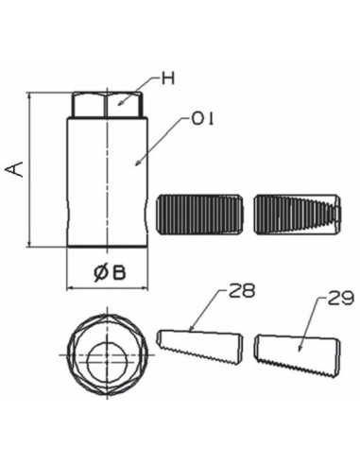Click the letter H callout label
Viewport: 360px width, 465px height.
(x=167, y=79)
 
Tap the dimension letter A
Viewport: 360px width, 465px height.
(x=13, y=169)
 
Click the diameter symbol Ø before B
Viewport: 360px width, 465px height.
(x=100, y=273)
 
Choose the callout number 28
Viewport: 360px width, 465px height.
(x=242, y=293)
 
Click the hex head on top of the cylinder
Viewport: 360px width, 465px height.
(x=107, y=103)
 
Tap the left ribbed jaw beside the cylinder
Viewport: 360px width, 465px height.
(x=200, y=213)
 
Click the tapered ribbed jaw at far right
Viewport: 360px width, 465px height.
(x=296, y=213)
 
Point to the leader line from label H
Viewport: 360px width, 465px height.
(x=140, y=87)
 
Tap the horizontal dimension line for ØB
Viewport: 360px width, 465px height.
(x=106, y=286)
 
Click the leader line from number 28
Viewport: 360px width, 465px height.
(x=210, y=309)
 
